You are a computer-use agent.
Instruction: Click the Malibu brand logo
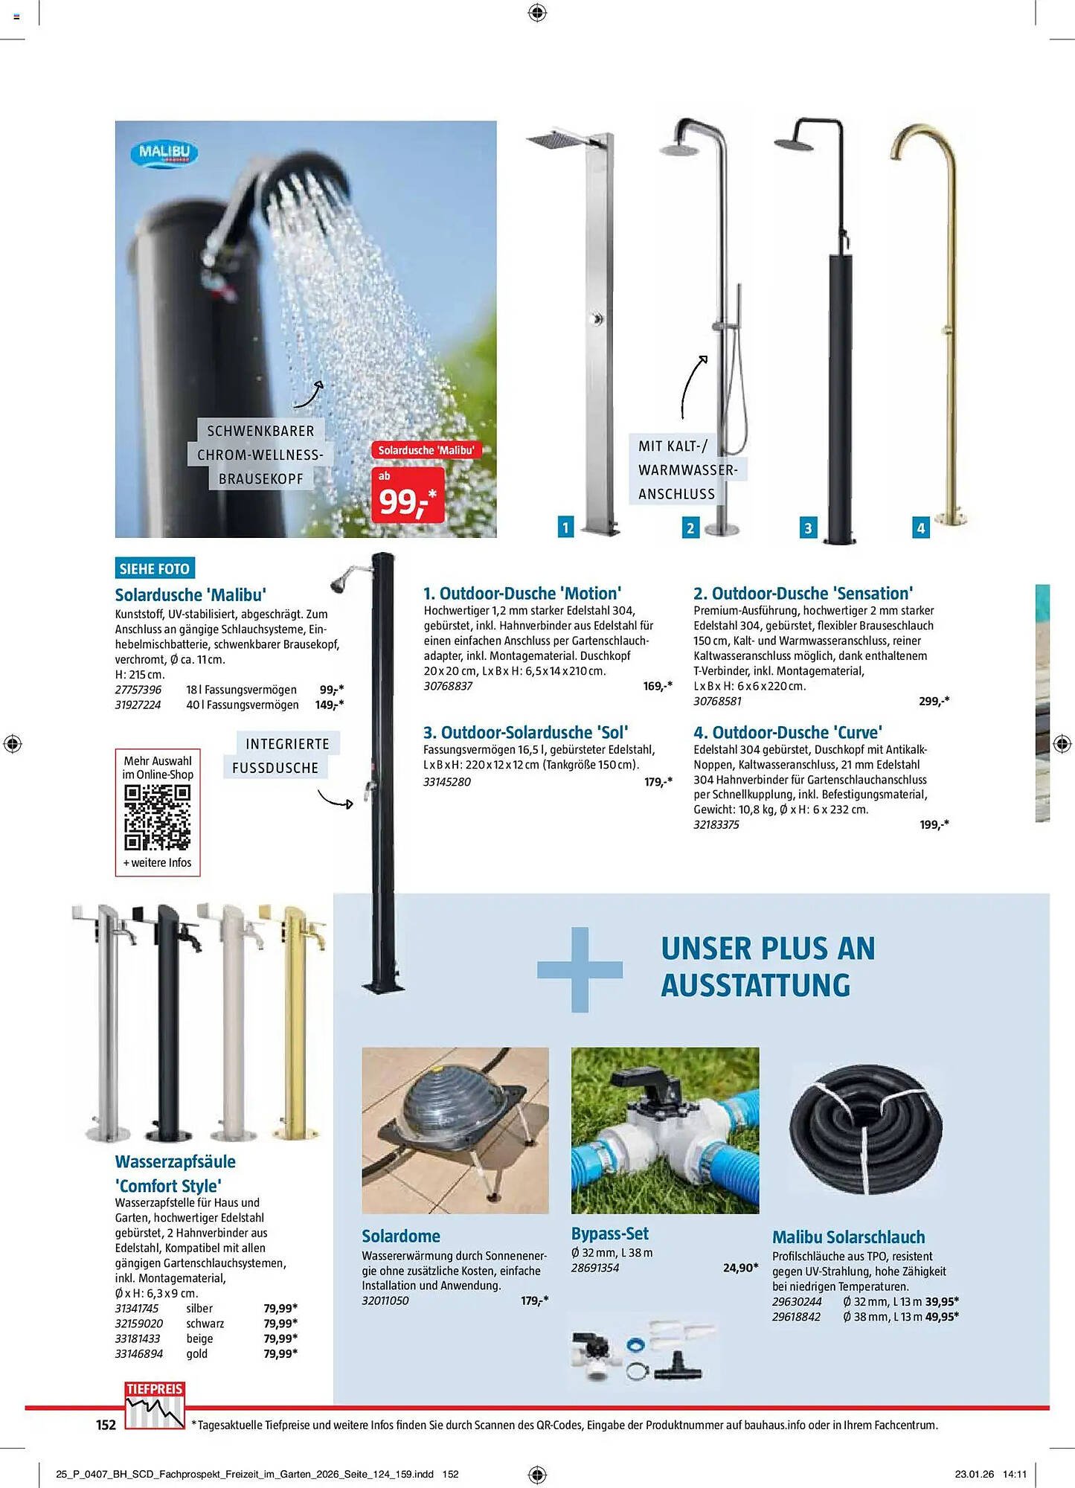click(164, 153)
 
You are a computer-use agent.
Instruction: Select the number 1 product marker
click(565, 527)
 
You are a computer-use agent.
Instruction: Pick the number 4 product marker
click(920, 527)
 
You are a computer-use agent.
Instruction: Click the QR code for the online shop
click(157, 817)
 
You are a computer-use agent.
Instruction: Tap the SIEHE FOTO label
click(155, 568)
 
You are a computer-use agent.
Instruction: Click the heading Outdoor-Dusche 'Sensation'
click(803, 593)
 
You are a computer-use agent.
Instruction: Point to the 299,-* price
click(934, 701)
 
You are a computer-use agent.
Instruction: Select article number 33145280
click(446, 782)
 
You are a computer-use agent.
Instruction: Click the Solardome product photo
click(455, 1130)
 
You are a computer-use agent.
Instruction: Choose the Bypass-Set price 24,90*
click(740, 1268)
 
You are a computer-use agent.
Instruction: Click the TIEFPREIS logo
click(154, 1405)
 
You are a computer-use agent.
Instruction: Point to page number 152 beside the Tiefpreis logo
click(106, 1425)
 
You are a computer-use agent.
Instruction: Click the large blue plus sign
click(580, 969)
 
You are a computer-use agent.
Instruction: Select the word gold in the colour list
click(197, 1353)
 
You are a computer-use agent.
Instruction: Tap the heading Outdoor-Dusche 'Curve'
click(788, 732)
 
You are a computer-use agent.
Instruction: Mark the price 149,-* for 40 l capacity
click(329, 705)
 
